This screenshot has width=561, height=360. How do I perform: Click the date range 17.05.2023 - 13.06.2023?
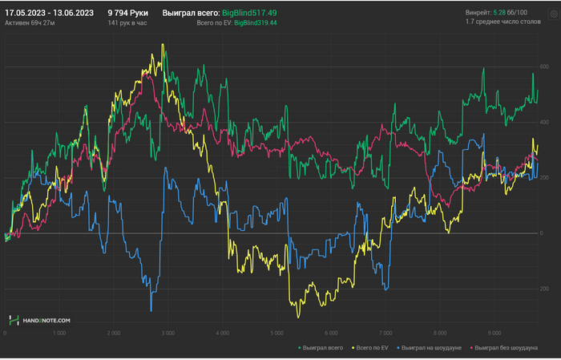50,13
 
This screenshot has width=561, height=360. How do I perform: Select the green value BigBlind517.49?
249,13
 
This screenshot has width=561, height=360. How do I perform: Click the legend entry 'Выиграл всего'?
324,348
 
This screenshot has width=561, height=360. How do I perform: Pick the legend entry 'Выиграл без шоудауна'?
507,348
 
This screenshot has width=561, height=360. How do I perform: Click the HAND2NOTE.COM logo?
40,320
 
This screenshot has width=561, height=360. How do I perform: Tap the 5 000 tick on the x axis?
276,332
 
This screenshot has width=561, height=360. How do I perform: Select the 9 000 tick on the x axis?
494,332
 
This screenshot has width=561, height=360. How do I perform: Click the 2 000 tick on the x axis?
114,332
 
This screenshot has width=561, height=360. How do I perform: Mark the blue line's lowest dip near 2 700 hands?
150,310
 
